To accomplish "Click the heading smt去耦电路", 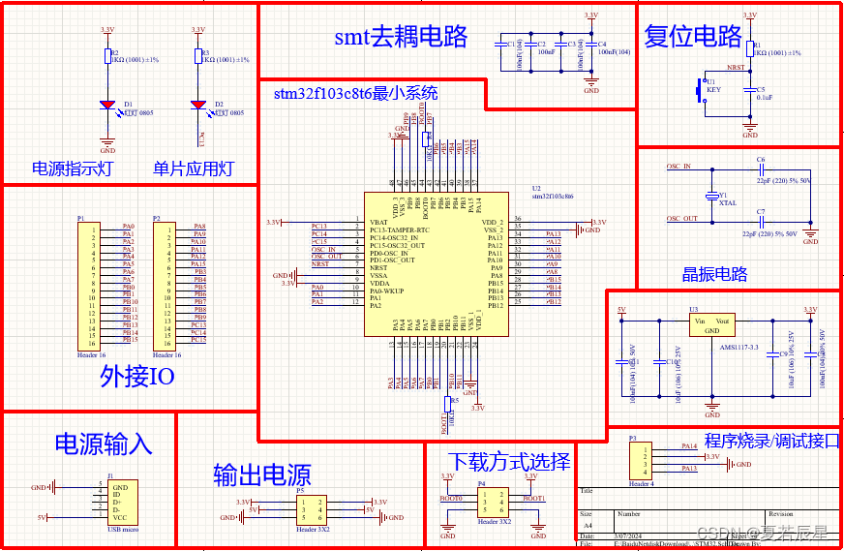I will click(x=401, y=37).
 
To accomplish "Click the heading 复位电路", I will click(x=693, y=36).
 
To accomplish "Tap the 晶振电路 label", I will click(x=714, y=274).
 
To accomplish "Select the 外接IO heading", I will click(x=137, y=376).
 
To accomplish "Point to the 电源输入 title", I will click(x=103, y=444).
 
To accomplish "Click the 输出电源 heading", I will click(x=261, y=474).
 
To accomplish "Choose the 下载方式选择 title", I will click(x=509, y=459).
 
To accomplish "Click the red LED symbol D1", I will click(x=108, y=105).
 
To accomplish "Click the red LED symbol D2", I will click(x=198, y=105).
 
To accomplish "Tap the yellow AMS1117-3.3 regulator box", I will click(x=711, y=324).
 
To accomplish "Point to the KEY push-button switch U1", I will click(x=702, y=90).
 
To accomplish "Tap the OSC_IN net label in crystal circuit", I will click(x=679, y=167).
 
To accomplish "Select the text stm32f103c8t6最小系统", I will click(x=355, y=94).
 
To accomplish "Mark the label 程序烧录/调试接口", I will click(x=771, y=441).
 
